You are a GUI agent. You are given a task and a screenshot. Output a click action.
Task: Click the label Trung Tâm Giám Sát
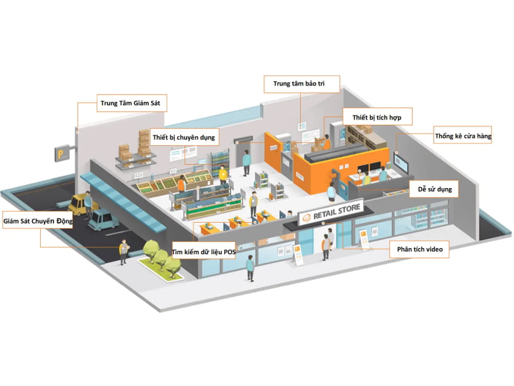pyautogui.click(x=129, y=103)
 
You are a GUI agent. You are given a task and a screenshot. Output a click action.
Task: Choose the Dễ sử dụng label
pyautogui.click(x=434, y=189)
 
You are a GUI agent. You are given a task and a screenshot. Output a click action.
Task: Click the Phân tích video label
pyautogui.click(x=419, y=249)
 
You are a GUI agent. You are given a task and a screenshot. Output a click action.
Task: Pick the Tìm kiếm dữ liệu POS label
pyautogui.click(x=204, y=252)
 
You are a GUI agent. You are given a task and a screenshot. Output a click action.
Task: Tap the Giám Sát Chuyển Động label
pyautogui.click(x=38, y=220)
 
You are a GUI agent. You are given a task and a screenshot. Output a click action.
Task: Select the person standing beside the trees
pyautogui.click(x=124, y=251)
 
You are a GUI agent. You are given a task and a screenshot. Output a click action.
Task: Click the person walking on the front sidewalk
pyautogui.click(x=250, y=268)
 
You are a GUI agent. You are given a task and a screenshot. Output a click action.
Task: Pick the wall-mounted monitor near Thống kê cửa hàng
pyautogui.click(x=402, y=165)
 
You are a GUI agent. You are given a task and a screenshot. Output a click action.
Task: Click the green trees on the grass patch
pyautogui.click(x=162, y=254)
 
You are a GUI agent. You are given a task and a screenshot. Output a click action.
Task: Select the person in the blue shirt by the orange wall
pyautogui.click(x=246, y=162)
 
